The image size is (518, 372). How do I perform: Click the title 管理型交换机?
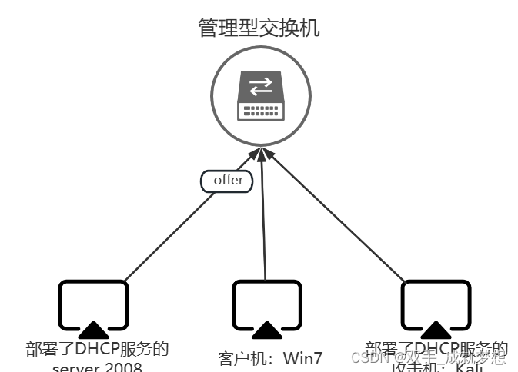(x=259, y=29)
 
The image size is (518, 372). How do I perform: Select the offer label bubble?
(x=227, y=181)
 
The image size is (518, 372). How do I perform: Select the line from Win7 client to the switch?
(x=264, y=223)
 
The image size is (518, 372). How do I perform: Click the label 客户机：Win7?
(x=269, y=357)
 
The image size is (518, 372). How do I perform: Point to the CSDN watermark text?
(x=428, y=357)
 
